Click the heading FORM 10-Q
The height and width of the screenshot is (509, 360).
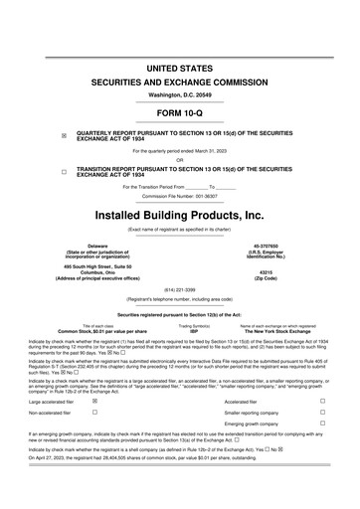click(179, 111)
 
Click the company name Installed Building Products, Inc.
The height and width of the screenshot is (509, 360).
click(179, 214)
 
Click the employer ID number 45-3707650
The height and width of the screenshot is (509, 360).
click(268, 245)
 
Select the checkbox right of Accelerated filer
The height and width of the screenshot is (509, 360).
click(323, 402)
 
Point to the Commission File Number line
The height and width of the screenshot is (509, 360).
click(179, 196)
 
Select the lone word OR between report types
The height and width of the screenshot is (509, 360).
click(179, 160)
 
